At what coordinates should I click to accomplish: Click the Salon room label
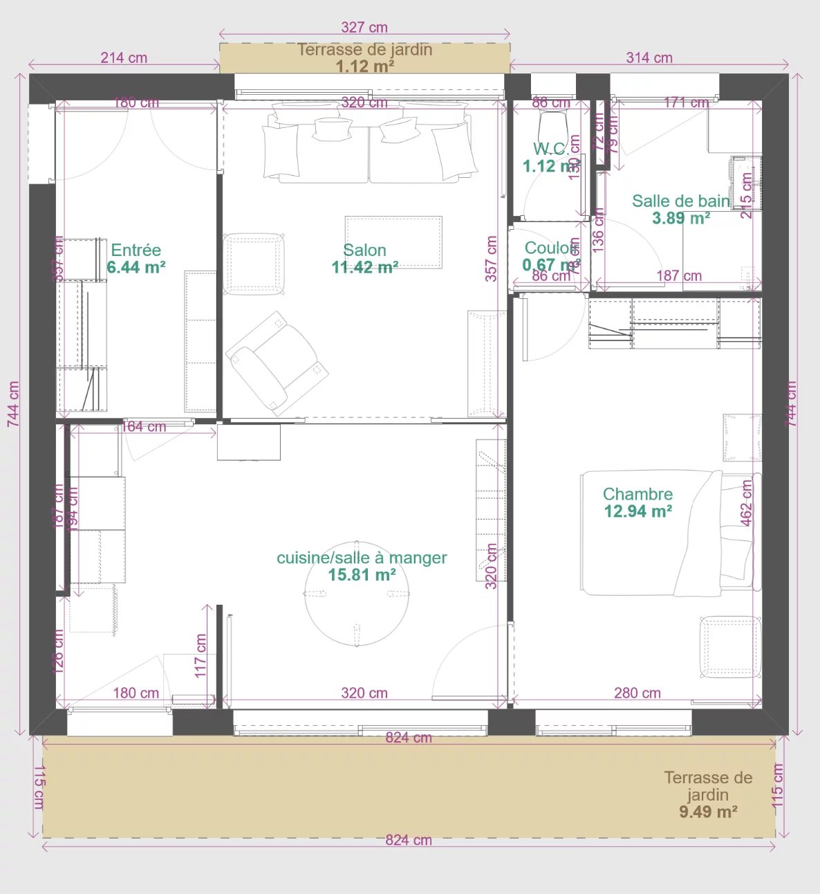364,250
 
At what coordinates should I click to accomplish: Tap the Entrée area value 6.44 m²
136,268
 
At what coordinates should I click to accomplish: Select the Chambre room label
637,494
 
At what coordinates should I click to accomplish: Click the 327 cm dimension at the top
364,28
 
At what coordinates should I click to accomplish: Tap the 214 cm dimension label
124,58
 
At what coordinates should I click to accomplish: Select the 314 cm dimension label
649,58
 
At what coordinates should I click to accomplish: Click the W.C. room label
550,149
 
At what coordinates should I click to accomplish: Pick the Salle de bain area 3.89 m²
681,219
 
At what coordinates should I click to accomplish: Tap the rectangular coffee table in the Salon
393,241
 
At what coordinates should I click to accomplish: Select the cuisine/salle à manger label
362,558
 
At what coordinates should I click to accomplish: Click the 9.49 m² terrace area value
708,812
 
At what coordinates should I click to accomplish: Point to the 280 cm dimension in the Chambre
637,693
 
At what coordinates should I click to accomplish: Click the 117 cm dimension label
201,655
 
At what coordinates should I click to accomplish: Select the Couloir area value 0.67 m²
550,265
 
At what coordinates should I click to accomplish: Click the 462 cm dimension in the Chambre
747,503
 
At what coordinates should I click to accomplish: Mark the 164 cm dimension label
144,427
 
